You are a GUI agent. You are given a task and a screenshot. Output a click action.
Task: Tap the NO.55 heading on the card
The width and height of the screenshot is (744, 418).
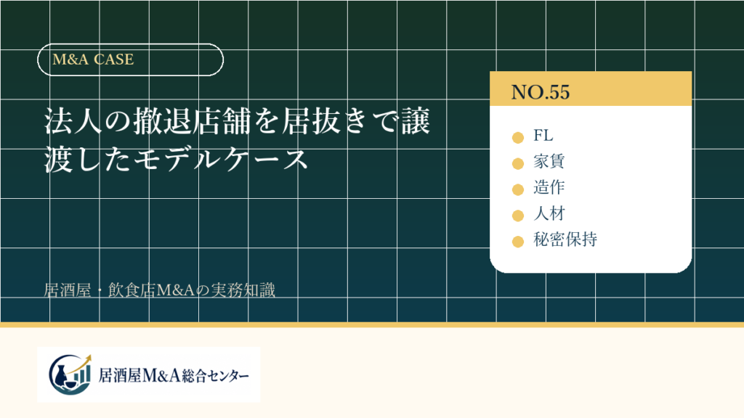coord(540,92)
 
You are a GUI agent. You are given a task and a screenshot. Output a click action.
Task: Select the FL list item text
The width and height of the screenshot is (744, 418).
coord(543,136)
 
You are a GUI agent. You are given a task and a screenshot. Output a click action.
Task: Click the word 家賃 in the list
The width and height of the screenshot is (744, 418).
coord(549,162)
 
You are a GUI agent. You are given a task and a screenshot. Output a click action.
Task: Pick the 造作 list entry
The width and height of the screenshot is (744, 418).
coord(549,188)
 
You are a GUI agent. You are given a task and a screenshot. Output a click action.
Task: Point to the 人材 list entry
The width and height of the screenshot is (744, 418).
coord(549,214)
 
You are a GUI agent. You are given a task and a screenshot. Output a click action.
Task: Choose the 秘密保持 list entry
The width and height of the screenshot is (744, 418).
coord(565,239)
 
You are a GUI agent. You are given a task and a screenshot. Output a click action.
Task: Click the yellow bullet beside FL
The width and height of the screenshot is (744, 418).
coord(517,137)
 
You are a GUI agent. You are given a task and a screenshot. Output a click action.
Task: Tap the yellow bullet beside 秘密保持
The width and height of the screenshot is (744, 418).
coord(517,242)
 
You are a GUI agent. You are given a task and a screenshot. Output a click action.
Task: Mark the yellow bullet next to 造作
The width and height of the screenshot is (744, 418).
coord(517,189)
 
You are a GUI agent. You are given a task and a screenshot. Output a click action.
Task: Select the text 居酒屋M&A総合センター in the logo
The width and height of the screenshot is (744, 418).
coord(174,376)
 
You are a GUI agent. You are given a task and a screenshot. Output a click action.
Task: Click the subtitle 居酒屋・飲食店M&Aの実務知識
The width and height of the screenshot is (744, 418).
coord(159,290)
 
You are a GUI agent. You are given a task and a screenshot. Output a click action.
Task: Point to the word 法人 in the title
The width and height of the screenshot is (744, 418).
coord(73,121)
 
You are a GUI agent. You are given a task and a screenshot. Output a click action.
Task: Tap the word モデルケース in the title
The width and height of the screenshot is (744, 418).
coord(222,159)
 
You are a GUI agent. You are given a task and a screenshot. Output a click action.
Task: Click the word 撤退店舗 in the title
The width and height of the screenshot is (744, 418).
coord(192,121)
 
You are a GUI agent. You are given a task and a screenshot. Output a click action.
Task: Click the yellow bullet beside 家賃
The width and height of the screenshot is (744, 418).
coord(517,163)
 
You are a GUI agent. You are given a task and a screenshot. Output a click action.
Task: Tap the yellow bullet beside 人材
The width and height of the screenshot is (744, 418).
coord(517,216)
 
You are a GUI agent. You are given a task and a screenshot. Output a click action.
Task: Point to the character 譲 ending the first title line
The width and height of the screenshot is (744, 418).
coord(416,121)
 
